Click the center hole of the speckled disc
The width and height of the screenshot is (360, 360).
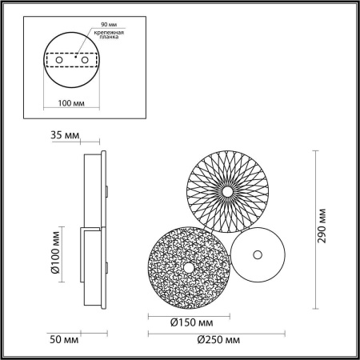[x=189, y=267]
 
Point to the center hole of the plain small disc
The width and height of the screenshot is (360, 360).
[x=257, y=255]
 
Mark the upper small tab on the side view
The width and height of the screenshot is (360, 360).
[x=106, y=190]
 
